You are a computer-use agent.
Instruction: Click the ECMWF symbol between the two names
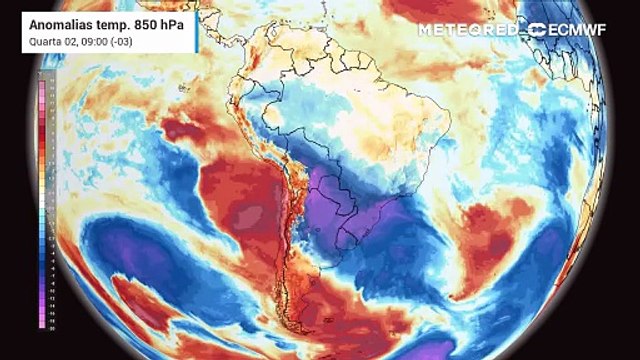(536, 29)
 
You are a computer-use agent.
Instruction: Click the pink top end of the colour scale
(40, 87)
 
